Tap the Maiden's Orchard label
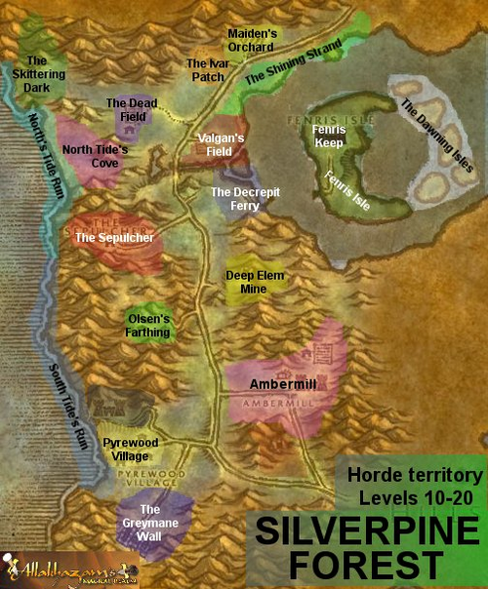[x=253, y=39]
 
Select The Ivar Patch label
[x=206, y=69]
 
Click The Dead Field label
[x=131, y=108]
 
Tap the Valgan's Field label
[x=220, y=144]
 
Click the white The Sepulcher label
[x=114, y=237]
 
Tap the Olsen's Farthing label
[x=150, y=326]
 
